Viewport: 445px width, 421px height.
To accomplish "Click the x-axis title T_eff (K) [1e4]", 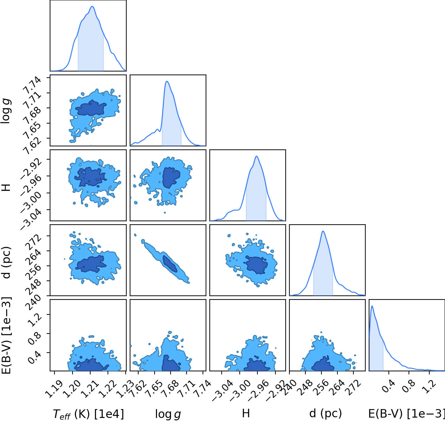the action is pos(88,414).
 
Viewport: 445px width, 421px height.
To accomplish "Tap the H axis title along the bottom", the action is pos(246,413).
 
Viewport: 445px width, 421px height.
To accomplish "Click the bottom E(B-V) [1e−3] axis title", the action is pos(407,414).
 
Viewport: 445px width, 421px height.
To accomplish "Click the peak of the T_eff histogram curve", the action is pos(92,6).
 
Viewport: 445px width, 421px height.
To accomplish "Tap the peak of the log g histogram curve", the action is pos(167,81).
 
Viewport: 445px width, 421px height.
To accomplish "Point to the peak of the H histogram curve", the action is pos(256,156).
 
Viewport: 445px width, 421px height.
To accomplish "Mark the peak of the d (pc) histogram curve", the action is pos(323,231).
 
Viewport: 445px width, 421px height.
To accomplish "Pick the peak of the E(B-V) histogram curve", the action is pos(372,306).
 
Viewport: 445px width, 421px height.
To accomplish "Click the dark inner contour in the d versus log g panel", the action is pos(170,264).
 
